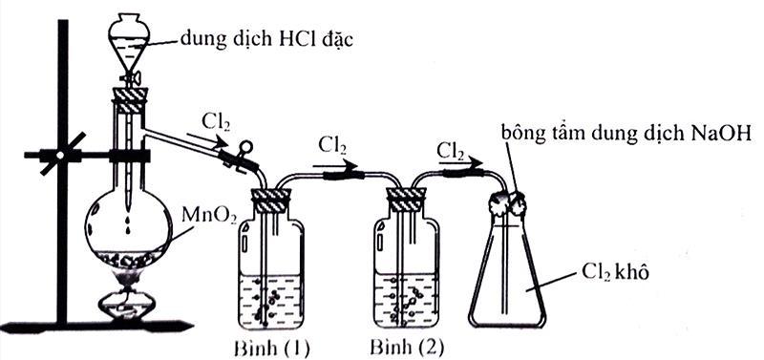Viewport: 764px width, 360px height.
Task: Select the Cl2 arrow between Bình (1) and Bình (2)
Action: pyautogui.click(x=340, y=173)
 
